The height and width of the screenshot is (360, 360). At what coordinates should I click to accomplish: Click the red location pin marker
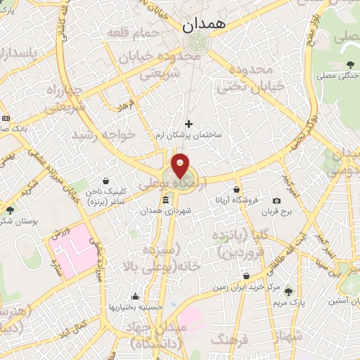181,165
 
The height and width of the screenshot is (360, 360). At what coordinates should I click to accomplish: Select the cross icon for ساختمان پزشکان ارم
188,124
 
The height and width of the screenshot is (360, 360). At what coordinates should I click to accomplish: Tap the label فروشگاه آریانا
238,200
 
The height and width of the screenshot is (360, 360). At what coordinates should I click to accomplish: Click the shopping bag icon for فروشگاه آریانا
237,189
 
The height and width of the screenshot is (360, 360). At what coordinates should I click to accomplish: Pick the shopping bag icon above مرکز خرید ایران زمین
246,276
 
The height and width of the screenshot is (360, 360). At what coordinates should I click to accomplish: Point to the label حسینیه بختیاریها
135,307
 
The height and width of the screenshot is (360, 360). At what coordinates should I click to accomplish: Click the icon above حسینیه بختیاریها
135,296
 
